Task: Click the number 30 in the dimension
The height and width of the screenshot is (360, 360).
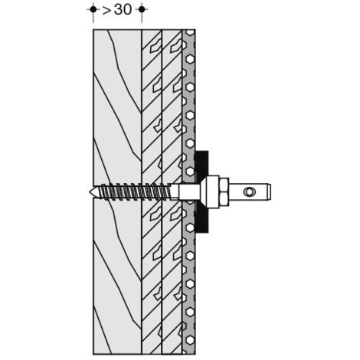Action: point(123,10)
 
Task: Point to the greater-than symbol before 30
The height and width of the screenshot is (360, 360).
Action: point(107,10)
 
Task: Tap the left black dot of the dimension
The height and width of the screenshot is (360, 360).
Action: point(93,9)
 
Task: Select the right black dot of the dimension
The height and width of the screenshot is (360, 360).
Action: point(142,9)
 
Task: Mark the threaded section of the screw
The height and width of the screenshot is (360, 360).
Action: point(136,191)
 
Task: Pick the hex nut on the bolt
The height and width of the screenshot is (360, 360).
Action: point(224,191)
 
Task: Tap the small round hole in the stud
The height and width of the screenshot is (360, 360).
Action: point(248,191)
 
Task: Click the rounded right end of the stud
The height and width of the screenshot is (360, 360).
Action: point(269,191)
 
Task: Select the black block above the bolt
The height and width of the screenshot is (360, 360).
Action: point(202,165)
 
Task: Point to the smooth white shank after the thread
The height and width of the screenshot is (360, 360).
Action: point(189,192)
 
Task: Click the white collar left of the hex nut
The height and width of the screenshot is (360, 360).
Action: point(213,191)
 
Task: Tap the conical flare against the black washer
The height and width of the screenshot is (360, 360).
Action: point(204,191)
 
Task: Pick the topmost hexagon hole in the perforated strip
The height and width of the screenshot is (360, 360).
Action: point(190,32)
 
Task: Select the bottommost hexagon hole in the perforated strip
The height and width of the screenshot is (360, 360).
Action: point(190,340)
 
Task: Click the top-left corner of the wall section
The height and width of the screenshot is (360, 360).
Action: point(93,30)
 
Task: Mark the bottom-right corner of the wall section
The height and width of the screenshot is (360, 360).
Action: point(195,355)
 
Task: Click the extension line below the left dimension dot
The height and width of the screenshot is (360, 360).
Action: point(93,18)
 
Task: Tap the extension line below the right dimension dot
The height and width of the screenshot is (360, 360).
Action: point(142,18)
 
